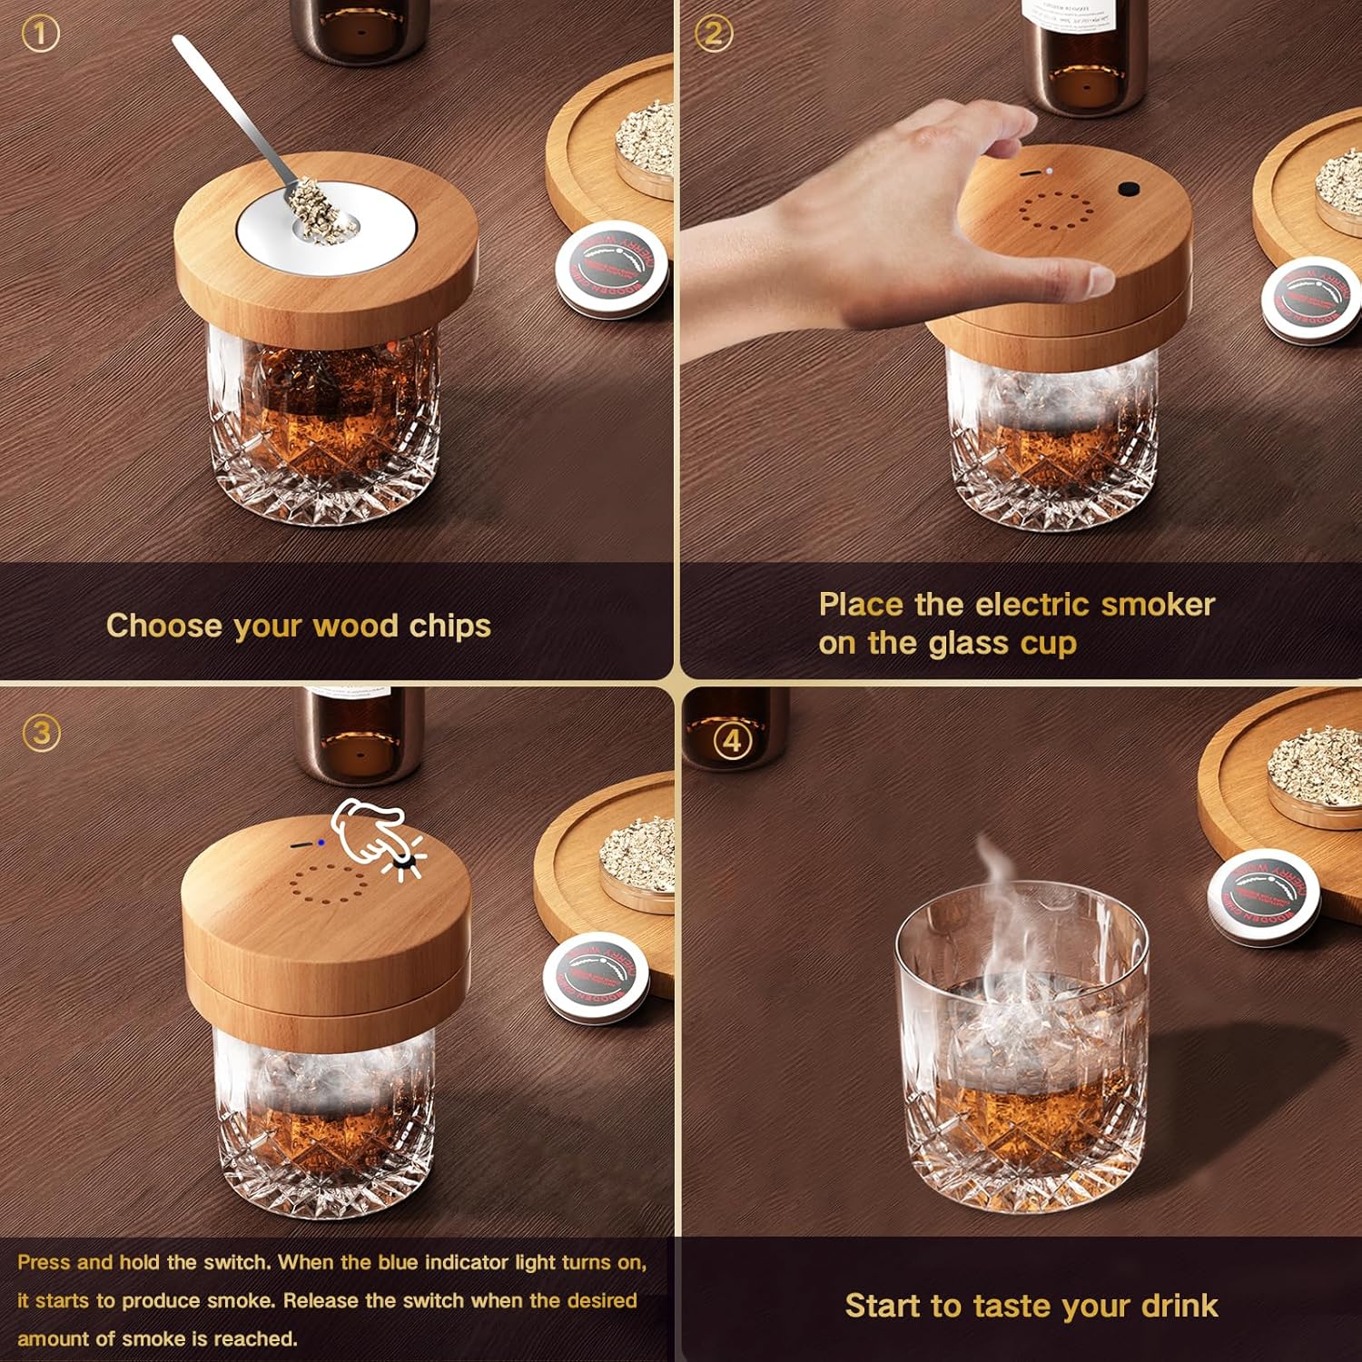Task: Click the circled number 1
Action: [x=41, y=35]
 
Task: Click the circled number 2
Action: [x=714, y=35]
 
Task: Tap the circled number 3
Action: [x=41, y=732]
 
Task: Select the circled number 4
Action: [x=732, y=740]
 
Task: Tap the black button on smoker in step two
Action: [x=1129, y=189]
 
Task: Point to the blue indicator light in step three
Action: [x=321, y=843]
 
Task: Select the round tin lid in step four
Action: [x=1264, y=894]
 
